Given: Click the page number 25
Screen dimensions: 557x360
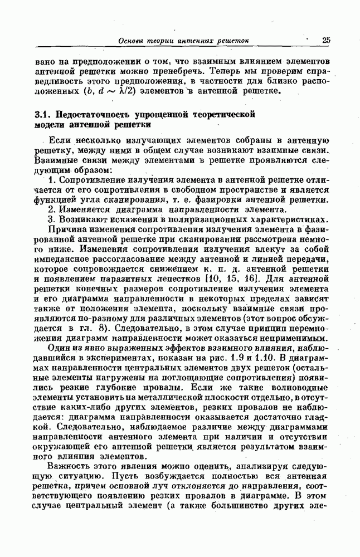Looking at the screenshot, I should [x=326, y=40].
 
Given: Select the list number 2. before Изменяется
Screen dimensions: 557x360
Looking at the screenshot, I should [x=52, y=209].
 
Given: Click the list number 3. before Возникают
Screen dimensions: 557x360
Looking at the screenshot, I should [x=52, y=219].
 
